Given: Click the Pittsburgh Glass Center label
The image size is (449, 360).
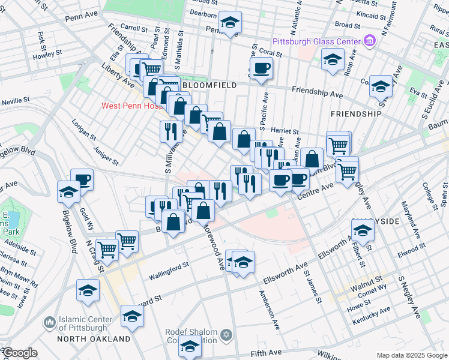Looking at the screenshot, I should coord(316,41).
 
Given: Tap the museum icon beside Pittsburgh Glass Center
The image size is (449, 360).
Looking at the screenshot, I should coord(369,41).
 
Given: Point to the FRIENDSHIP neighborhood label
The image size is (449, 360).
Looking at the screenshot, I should coord(356,113).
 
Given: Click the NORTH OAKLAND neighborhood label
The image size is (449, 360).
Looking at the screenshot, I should coord(94,339).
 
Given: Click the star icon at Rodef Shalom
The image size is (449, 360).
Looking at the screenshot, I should coord(226,334).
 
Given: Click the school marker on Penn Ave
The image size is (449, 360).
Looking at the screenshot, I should coord(229,23).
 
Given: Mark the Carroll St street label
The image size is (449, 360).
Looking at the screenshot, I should coord(133,28).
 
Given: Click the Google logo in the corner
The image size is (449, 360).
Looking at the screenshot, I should coord(20,353).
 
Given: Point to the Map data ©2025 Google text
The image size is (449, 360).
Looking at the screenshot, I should coord(411,355).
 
